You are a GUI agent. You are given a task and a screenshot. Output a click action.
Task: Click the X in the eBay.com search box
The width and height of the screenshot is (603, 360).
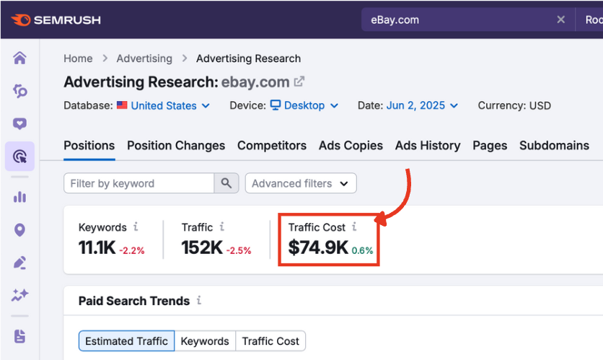[x=560, y=19]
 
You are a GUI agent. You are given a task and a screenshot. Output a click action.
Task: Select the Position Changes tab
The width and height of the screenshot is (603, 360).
[x=176, y=145]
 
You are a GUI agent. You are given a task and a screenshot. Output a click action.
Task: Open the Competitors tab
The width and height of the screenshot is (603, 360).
[x=271, y=145]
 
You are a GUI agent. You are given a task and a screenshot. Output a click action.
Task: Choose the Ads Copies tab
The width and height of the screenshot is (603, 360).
[x=351, y=145]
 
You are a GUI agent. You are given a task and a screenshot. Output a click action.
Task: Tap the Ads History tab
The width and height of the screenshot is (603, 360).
[x=427, y=145]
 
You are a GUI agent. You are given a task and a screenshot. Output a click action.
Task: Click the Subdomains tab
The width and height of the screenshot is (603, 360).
[x=554, y=145]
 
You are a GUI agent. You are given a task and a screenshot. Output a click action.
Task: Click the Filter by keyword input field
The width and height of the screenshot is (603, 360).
[x=138, y=183]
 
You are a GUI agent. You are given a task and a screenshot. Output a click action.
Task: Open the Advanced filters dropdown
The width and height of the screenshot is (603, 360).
[x=300, y=183]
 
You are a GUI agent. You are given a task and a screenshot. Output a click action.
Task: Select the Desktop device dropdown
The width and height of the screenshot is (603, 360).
[x=304, y=105]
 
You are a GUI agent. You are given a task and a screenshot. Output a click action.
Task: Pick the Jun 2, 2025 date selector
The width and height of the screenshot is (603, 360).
[x=422, y=105]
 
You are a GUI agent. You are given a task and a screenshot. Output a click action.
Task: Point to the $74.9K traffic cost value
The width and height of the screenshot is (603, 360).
[x=317, y=247]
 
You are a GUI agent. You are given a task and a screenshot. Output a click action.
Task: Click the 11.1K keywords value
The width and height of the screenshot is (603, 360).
[x=96, y=247]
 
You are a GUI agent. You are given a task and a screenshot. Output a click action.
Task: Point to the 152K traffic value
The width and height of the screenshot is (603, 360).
[x=201, y=247]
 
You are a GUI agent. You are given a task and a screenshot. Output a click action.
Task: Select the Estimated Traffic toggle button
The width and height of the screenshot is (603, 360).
[x=126, y=341]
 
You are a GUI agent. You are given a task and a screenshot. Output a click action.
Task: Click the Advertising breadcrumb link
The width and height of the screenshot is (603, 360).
[x=144, y=58]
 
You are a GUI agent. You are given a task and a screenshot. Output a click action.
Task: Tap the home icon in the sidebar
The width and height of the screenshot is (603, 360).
[x=19, y=58]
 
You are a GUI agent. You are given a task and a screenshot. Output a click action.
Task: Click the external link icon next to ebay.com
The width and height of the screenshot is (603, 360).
[x=299, y=82]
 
